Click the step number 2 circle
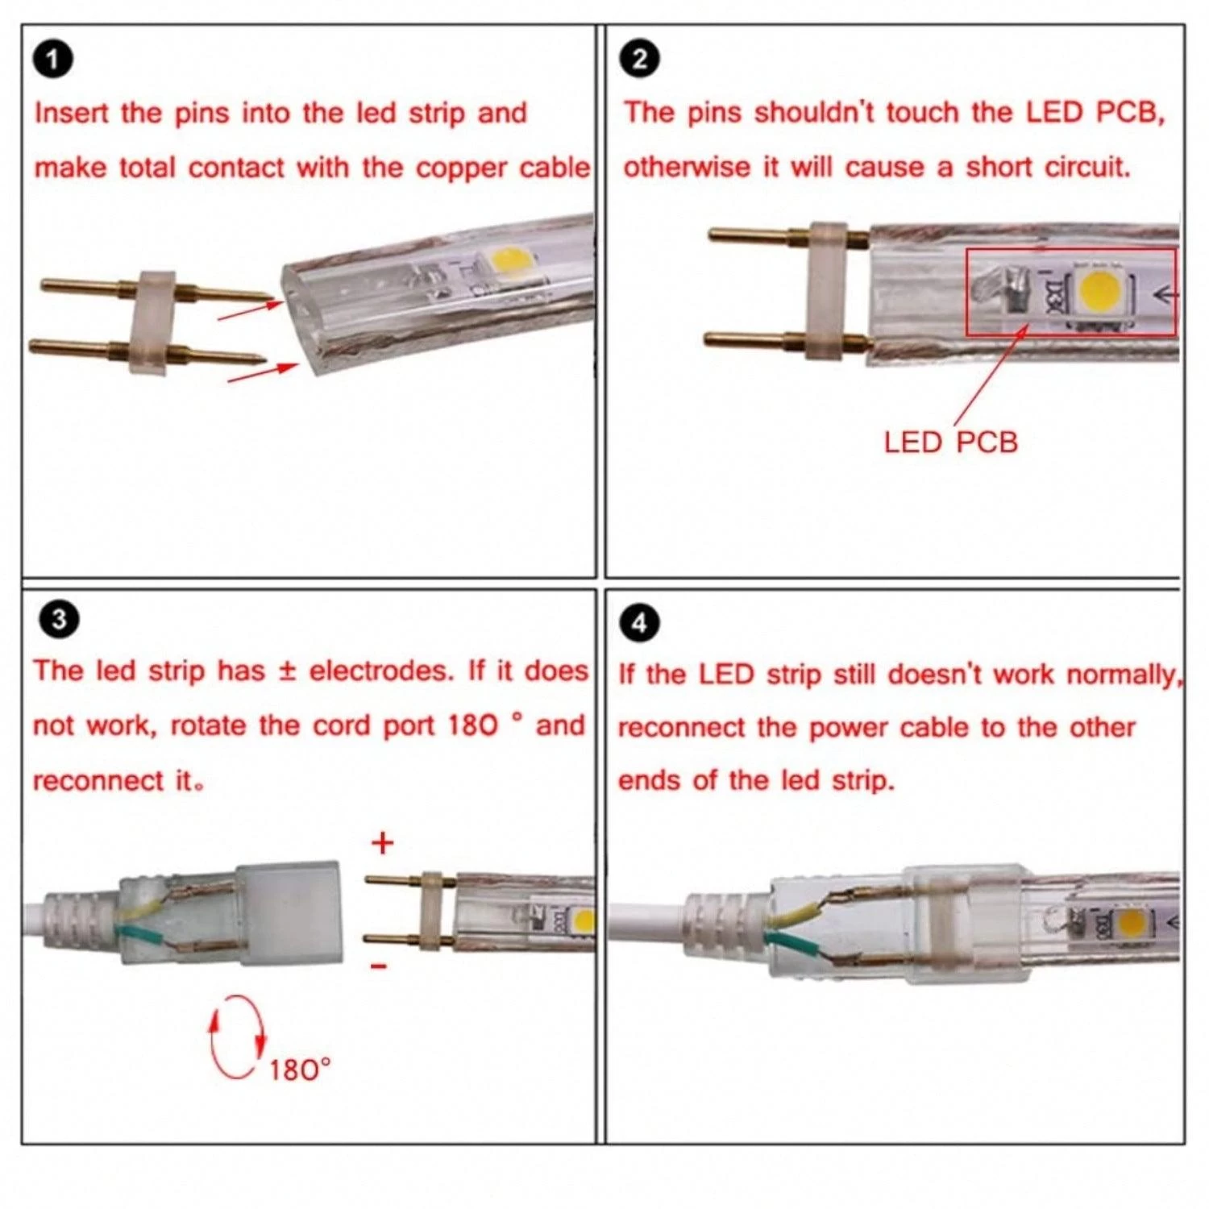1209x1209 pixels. [640, 60]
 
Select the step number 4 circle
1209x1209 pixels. [639, 623]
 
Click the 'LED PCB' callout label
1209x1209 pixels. [950, 442]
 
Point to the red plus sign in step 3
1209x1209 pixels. [383, 844]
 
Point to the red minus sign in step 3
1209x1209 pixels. [380, 966]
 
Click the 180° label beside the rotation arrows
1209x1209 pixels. [299, 1070]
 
